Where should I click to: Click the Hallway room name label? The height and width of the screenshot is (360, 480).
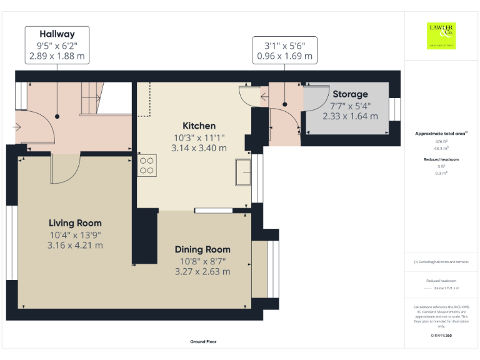tap(57, 34)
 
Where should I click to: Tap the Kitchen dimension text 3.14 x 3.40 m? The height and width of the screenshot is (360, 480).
tap(199, 148)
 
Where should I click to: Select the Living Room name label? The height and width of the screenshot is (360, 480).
tap(75, 223)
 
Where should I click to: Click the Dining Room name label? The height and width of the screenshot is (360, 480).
tap(202, 249)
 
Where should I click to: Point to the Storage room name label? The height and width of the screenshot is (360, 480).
tap(350, 94)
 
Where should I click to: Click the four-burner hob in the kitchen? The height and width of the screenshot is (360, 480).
tap(147, 165)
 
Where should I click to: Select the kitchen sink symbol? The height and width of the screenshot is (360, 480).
tap(242, 173)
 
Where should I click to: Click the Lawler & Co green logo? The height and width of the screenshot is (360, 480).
tap(441, 36)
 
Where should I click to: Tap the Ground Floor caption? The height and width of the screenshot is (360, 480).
tap(203, 342)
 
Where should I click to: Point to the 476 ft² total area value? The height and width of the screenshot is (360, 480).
tap(441, 142)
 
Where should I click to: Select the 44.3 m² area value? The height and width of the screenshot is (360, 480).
tap(441, 149)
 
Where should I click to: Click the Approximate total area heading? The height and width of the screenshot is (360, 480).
tap(441, 134)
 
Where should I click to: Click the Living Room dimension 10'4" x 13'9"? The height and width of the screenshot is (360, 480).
tap(75, 235)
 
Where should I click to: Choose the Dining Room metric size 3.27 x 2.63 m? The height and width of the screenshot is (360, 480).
tap(202, 272)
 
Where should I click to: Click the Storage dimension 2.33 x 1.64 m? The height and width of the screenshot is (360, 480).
tap(350, 116)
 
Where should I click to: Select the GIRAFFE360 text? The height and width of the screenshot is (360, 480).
tap(441, 336)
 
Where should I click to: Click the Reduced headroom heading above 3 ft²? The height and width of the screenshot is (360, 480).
tap(441, 159)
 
